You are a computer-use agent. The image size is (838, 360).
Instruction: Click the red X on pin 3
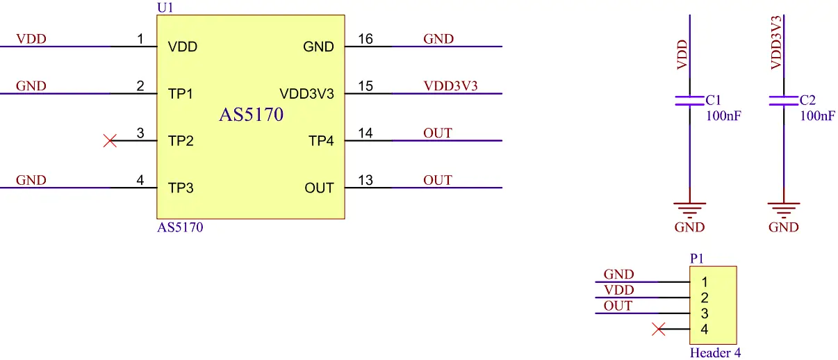click(110, 141)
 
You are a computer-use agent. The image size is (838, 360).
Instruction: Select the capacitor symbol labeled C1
click(689, 101)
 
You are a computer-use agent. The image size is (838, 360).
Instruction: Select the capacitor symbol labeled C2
click(783, 101)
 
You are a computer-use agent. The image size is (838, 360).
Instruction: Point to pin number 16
click(365, 39)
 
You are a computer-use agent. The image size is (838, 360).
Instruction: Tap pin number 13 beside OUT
click(365, 181)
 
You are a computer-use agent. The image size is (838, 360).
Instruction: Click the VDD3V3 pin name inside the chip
click(306, 94)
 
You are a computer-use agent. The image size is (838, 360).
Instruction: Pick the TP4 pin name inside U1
click(321, 141)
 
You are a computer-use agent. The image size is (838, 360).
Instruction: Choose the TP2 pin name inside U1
click(181, 141)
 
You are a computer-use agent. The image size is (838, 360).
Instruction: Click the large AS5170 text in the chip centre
click(252, 115)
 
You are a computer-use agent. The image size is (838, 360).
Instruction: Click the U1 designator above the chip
click(167, 7)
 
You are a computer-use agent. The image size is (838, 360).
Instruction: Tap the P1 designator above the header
click(697, 259)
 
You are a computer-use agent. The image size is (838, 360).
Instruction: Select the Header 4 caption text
click(715, 353)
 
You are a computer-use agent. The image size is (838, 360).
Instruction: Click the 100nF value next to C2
click(817, 116)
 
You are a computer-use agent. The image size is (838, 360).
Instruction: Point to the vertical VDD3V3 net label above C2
click(777, 42)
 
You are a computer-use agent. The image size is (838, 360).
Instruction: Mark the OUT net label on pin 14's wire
click(438, 133)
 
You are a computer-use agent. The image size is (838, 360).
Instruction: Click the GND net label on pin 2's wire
click(31, 86)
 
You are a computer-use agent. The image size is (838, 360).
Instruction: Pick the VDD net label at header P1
click(618, 290)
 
